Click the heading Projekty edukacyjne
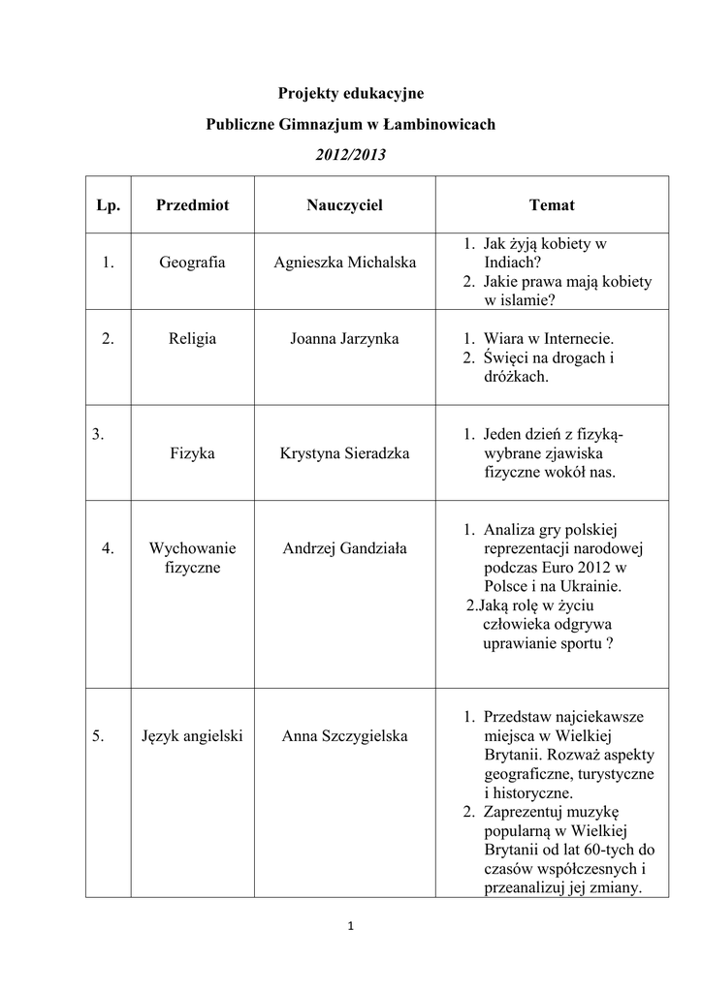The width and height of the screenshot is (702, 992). [x=351, y=93]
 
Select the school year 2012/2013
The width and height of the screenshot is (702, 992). [x=351, y=154]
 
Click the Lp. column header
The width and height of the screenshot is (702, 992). [x=109, y=205]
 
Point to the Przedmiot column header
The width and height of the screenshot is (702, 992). [x=192, y=205]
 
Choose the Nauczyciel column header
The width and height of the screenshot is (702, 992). [x=344, y=205]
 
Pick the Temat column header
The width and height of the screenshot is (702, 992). [x=552, y=205]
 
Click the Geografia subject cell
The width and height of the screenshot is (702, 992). [x=192, y=263]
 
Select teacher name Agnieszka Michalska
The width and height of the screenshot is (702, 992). [x=344, y=263]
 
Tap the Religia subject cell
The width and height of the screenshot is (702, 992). [x=192, y=338]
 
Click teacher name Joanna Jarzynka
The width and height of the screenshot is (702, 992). [x=344, y=338]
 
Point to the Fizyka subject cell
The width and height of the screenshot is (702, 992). [x=192, y=453]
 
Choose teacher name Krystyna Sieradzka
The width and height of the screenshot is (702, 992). [x=344, y=453]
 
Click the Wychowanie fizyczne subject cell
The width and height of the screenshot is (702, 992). [x=192, y=558]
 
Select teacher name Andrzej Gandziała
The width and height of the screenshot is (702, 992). [x=344, y=548]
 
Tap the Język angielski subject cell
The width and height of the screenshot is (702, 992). [x=192, y=736]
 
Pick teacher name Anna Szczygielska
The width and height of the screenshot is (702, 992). [x=344, y=736]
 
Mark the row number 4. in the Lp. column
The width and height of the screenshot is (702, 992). [x=109, y=548]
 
